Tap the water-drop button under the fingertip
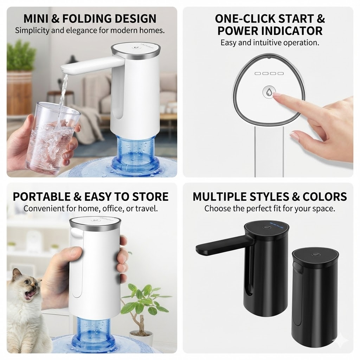(269, 92)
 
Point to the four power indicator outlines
(269, 73)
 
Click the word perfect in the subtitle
(257, 208)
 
